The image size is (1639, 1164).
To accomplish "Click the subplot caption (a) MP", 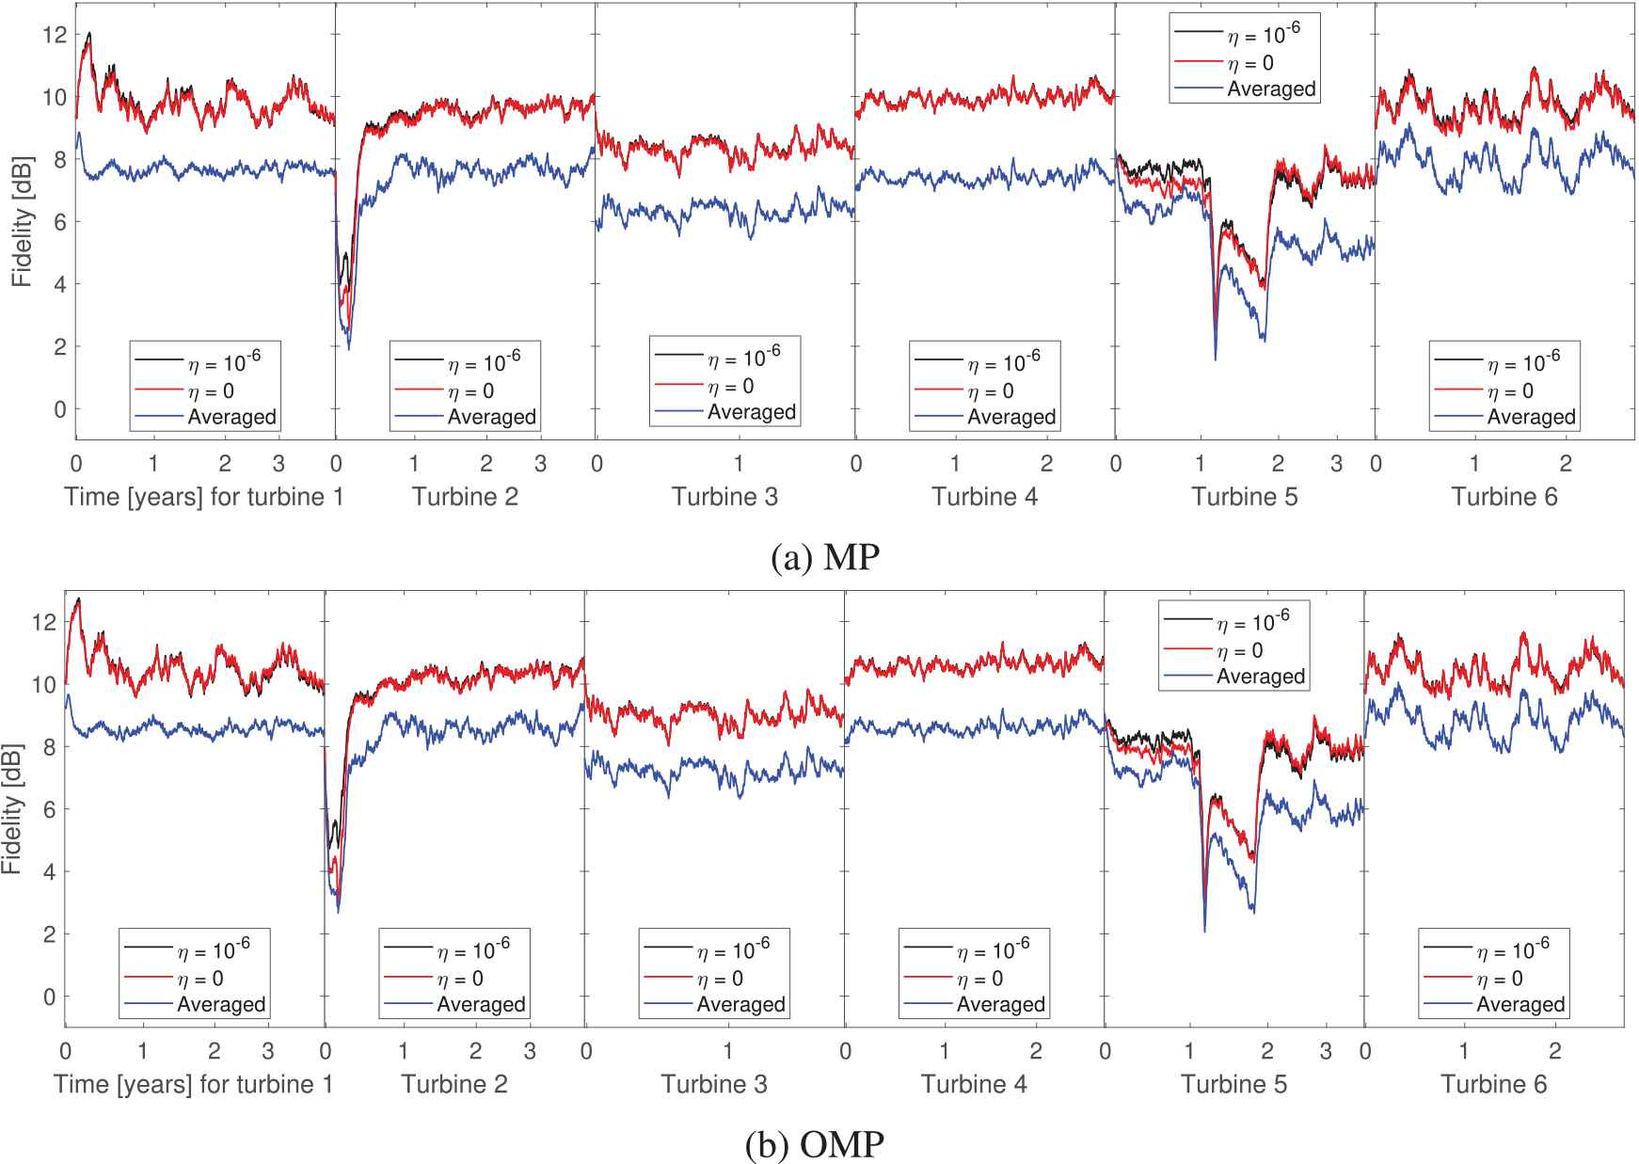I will tap(824, 557).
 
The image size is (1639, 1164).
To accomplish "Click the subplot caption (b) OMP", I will tap(815, 1144).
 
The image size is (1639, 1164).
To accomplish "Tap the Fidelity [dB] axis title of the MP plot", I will tap(22, 222).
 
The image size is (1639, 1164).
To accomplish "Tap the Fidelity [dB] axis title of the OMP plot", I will tap(11, 809).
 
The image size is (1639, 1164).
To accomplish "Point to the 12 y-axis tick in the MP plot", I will tap(55, 35).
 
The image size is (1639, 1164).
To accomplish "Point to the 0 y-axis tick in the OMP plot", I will tap(49, 997).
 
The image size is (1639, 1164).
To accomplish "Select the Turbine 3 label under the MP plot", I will tap(724, 497).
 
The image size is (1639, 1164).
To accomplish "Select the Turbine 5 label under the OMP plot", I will tap(1233, 1084).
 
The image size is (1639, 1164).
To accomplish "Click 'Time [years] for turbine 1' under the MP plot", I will tap(203, 497).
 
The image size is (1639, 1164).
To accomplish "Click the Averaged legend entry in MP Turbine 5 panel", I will tap(1271, 89).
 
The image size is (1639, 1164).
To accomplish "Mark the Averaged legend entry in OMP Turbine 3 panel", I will tap(740, 1005).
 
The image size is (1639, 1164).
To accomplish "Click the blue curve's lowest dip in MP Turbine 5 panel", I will tap(1215, 359).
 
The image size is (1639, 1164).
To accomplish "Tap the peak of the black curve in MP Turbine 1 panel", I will tap(89, 33).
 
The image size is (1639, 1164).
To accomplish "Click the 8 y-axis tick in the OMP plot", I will tap(49, 747).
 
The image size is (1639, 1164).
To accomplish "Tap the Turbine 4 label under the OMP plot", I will tap(974, 1084).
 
